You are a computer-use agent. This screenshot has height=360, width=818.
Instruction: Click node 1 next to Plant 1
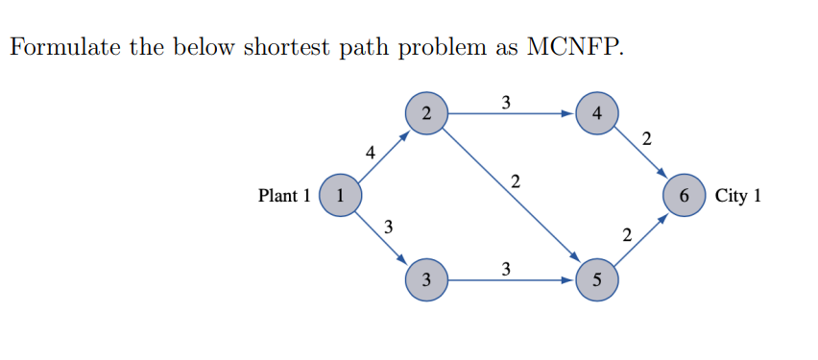point(339,196)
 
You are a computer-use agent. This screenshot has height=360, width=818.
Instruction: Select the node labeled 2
point(426,113)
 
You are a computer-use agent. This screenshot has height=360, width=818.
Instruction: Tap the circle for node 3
point(426,280)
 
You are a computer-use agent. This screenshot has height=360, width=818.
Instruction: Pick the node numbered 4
point(597,113)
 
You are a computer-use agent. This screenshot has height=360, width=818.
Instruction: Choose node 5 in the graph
point(597,280)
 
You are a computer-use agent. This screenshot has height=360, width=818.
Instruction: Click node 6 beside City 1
point(684,196)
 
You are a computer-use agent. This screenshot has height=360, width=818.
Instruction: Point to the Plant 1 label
point(284,196)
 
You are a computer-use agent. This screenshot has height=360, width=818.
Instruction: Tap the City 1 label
point(738,196)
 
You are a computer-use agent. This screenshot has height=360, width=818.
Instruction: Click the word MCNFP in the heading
point(574,48)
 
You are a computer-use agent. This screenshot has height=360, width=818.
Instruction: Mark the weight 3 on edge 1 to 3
point(388,228)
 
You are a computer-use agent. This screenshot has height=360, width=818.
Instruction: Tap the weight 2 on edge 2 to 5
point(517,180)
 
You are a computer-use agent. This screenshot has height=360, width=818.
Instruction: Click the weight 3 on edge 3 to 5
point(506,267)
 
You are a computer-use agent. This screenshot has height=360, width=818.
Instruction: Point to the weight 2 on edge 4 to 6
point(646,140)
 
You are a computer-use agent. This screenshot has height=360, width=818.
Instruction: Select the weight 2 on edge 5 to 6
point(626,234)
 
